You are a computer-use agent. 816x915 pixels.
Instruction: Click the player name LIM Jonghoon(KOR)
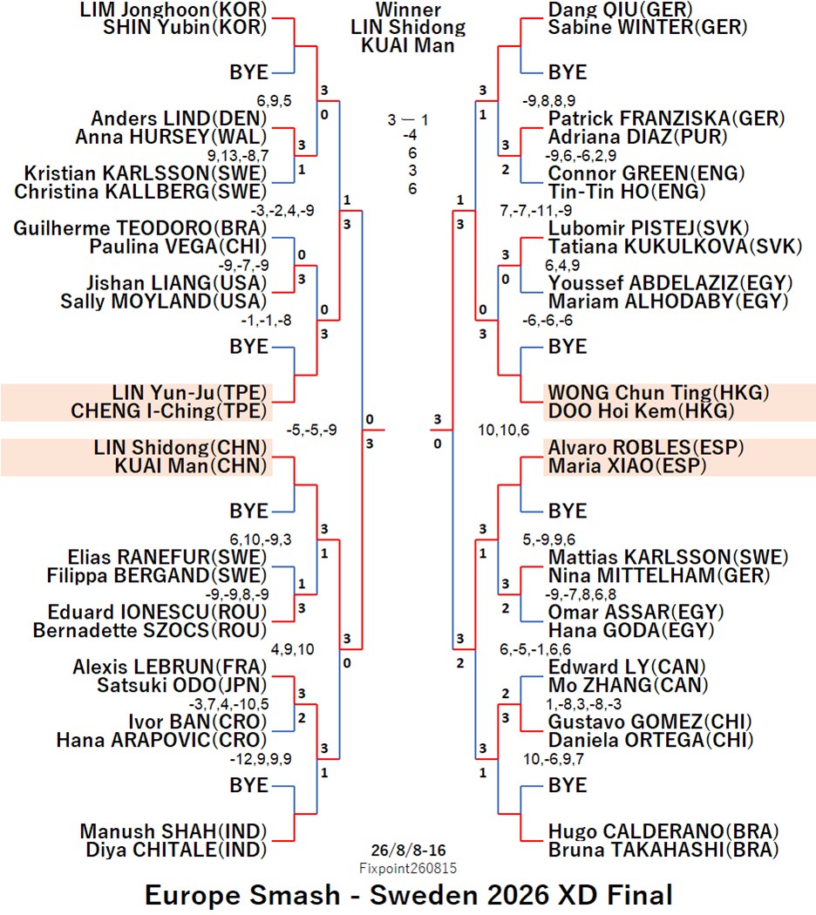pyautogui.click(x=173, y=10)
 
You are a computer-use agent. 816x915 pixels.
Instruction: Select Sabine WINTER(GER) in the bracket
pyautogui.click(x=648, y=27)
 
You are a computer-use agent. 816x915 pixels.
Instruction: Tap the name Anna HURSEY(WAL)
pyautogui.click(x=171, y=137)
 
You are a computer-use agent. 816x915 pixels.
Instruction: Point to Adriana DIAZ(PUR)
pyautogui.click(x=637, y=137)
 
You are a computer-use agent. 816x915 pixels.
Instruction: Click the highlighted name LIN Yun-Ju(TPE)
pyautogui.click(x=190, y=393)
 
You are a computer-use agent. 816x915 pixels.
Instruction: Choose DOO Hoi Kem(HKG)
pyautogui.click(x=641, y=411)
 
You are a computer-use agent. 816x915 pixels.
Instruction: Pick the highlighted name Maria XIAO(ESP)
pyautogui.click(x=627, y=466)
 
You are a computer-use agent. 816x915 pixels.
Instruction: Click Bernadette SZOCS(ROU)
pyautogui.click(x=150, y=631)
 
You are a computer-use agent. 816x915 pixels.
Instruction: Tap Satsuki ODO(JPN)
pyautogui.click(x=182, y=686)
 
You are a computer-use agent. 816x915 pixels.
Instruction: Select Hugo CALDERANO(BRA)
pyautogui.click(x=663, y=831)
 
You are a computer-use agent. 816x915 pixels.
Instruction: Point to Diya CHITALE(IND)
pyautogui.click(x=176, y=851)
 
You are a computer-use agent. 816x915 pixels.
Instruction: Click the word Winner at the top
pyautogui.click(x=408, y=10)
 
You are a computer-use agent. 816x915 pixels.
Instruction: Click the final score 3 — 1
pyautogui.click(x=408, y=120)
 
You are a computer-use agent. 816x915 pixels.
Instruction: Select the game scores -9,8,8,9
pyautogui.click(x=548, y=101)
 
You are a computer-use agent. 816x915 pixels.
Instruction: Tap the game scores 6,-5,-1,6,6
pyautogui.click(x=535, y=649)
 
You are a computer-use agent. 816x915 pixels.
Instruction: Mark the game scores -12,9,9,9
pyautogui.click(x=261, y=759)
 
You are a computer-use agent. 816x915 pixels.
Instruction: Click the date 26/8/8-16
pyautogui.click(x=408, y=851)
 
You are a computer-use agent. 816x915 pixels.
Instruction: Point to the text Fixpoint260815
pyautogui.click(x=408, y=868)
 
